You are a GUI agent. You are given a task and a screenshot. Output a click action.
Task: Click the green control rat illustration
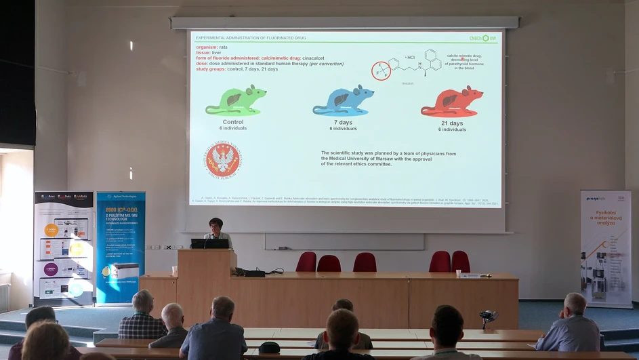[236, 101]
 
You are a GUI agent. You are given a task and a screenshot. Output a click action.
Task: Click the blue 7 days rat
[343, 101]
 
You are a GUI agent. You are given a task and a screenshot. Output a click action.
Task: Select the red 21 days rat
[451, 102]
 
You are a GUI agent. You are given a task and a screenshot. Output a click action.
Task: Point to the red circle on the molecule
[382, 71]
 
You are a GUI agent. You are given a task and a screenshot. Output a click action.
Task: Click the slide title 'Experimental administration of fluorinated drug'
[251, 38]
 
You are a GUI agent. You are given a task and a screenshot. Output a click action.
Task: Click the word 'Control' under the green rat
[233, 122]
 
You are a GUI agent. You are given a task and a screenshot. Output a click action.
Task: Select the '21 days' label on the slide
[452, 123]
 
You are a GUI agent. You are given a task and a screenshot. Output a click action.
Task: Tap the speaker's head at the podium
[216, 224]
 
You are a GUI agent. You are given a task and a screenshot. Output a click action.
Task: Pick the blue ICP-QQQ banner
[121, 247]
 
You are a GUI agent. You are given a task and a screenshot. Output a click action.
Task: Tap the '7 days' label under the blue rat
[344, 123]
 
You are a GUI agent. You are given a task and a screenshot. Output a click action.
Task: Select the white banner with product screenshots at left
[64, 247]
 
